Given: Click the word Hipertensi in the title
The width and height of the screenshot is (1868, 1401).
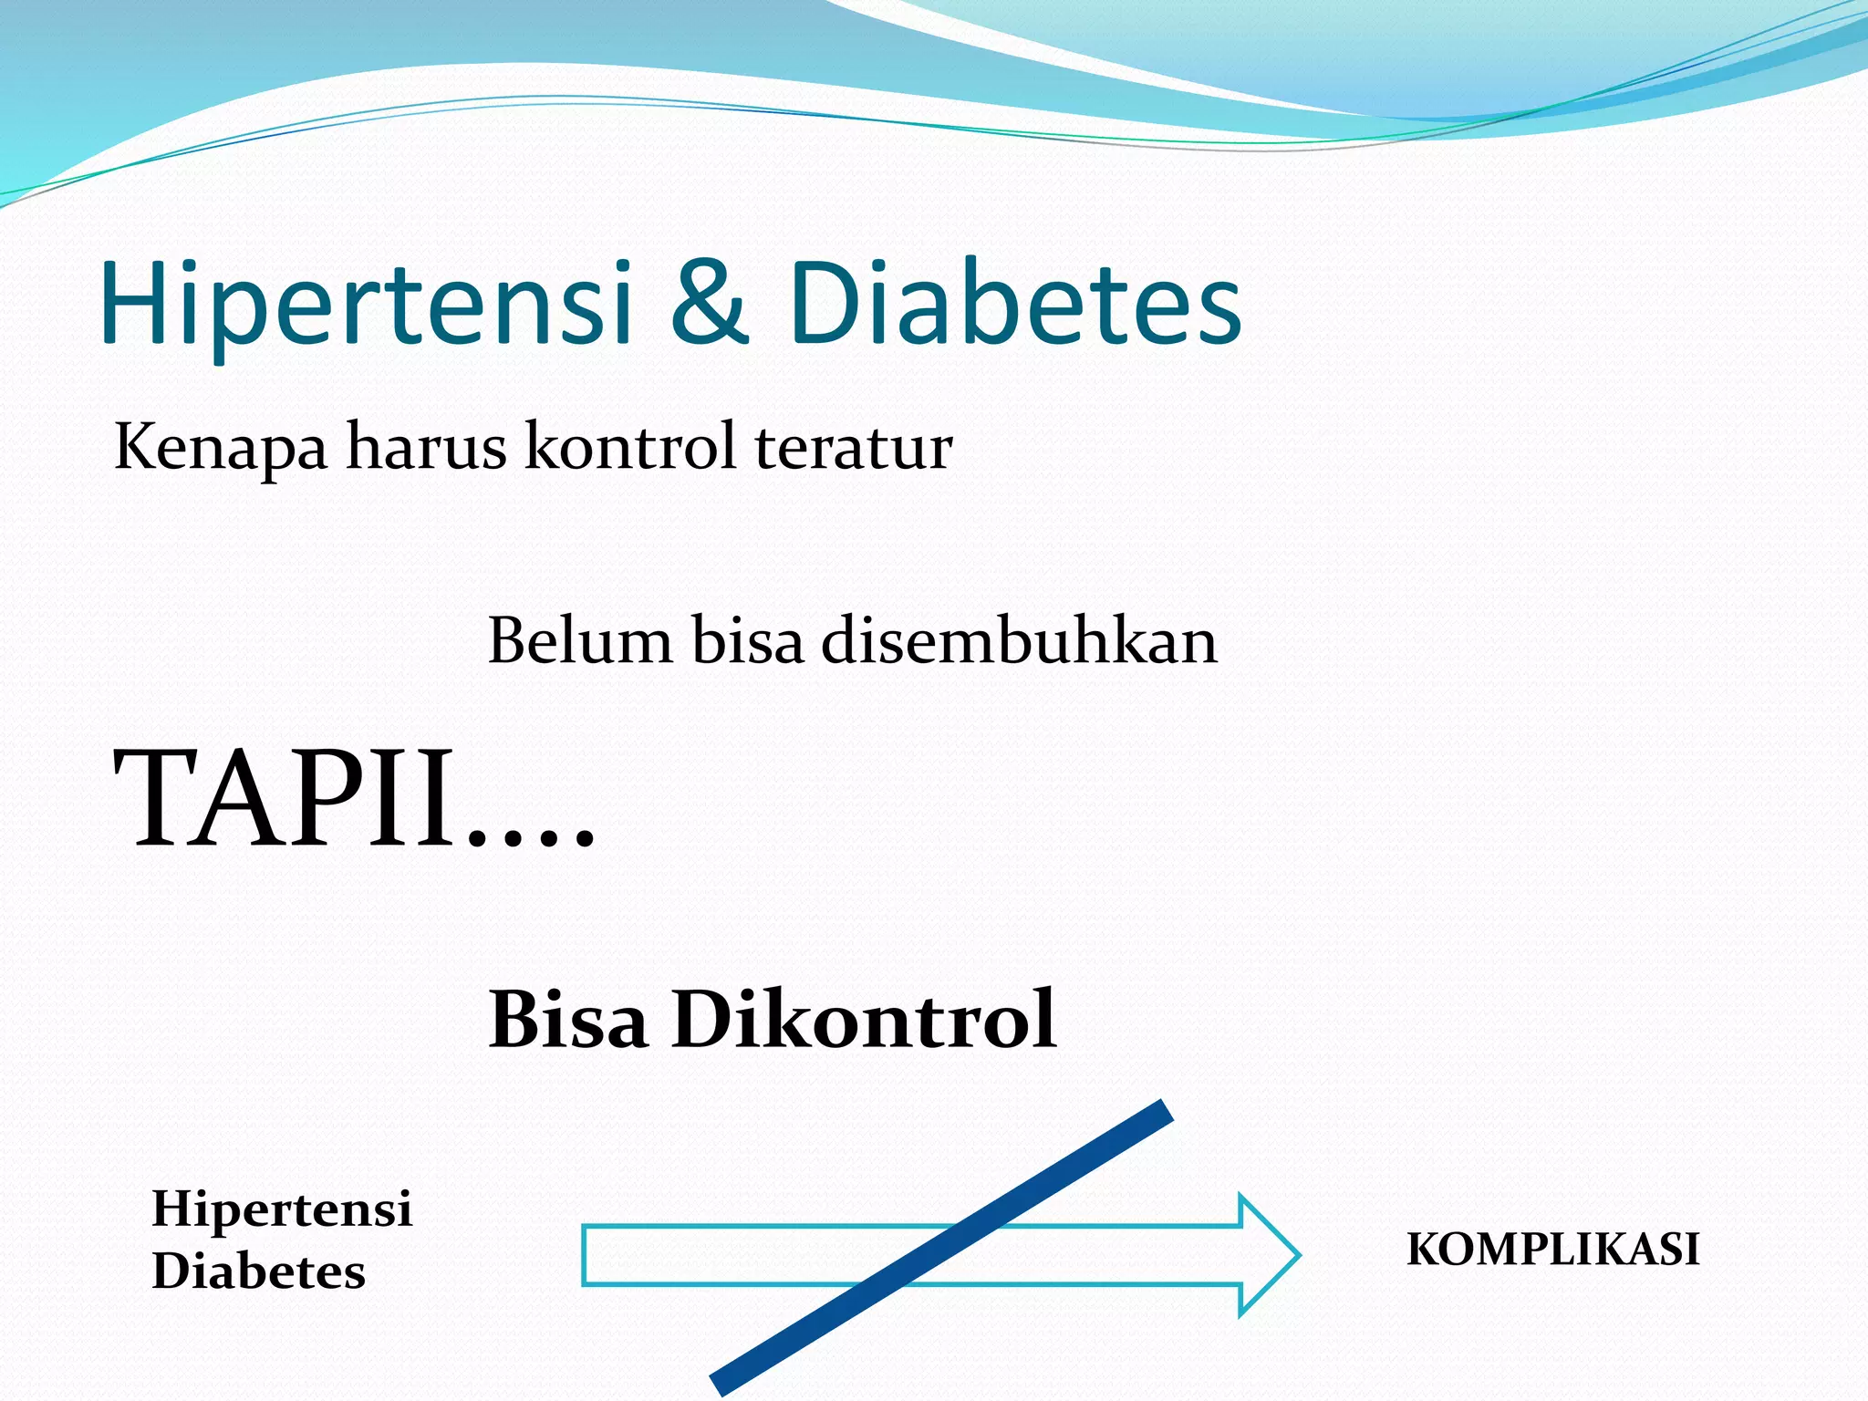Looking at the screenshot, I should [x=365, y=303].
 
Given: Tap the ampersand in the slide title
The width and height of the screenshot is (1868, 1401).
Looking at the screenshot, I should [x=710, y=303].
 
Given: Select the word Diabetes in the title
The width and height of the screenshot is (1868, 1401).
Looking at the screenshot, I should [x=1014, y=303].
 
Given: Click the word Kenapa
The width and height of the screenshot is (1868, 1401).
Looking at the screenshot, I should [x=220, y=449].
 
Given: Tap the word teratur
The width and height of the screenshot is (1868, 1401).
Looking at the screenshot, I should [x=854, y=449].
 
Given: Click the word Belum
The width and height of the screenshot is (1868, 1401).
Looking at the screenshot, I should [x=580, y=640].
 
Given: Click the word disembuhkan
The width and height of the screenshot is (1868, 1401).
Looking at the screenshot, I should [x=1020, y=640].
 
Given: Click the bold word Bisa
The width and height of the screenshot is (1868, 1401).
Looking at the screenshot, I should [x=568, y=1020].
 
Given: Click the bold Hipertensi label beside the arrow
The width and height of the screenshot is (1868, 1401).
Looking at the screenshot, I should [x=282, y=1209].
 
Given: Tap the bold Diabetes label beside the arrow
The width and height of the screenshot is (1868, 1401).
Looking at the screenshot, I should [x=258, y=1271].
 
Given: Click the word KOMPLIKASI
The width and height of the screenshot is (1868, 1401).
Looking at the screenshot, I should [x=1552, y=1250].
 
